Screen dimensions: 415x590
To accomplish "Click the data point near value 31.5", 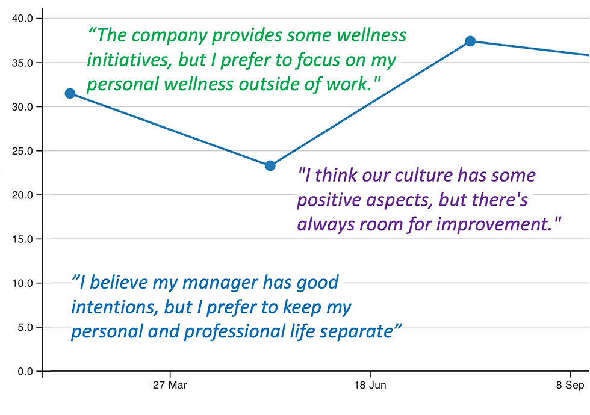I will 70,93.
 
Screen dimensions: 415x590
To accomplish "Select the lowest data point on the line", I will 270,165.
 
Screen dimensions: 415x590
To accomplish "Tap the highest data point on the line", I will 470,41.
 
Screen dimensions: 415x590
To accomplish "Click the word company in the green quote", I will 170,35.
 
